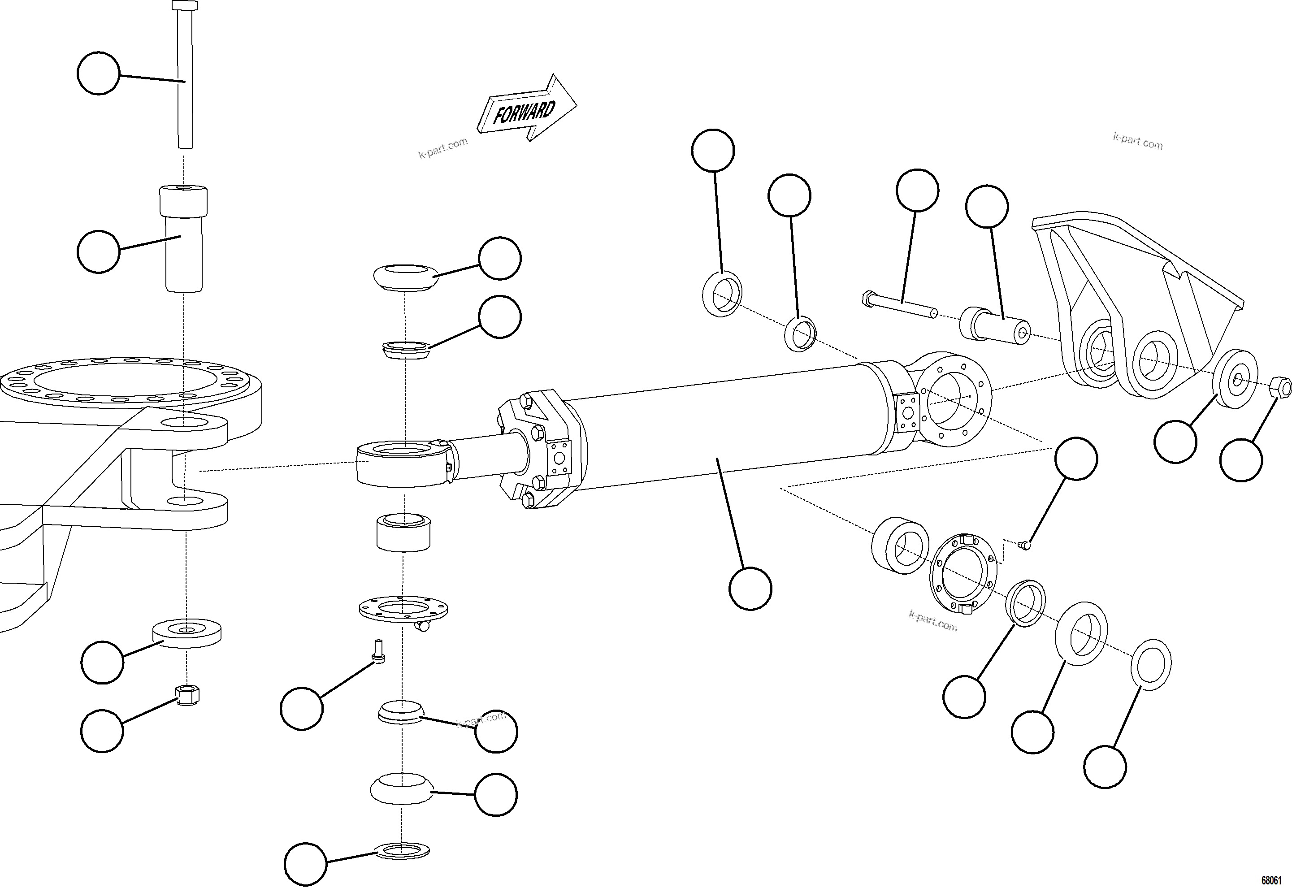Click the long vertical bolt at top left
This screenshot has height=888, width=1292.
(x=185, y=78)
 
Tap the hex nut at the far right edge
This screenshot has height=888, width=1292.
(x=1281, y=387)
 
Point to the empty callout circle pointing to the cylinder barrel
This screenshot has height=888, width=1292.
(x=750, y=589)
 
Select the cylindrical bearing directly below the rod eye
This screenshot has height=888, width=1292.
(x=403, y=533)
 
